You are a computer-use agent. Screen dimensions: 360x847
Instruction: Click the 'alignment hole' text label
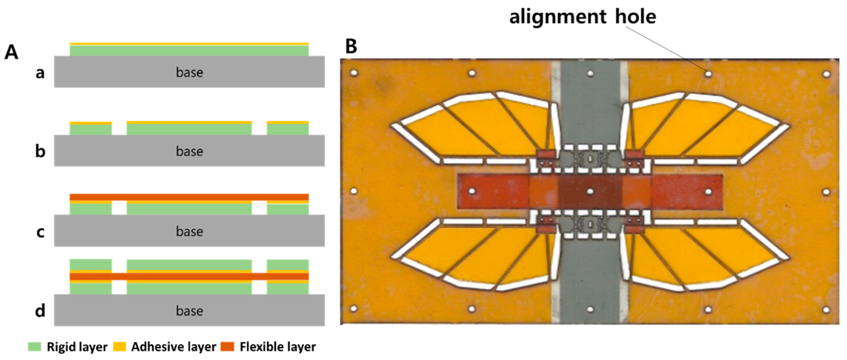click(x=582, y=17)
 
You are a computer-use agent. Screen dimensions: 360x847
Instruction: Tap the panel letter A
click(x=11, y=52)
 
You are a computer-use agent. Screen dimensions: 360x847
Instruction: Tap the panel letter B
click(x=351, y=46)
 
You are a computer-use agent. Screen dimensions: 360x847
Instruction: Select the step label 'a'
click(x=40, y=73)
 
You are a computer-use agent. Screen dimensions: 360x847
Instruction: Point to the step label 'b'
click(x=40, y=151)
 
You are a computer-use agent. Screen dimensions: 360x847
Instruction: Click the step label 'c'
click(x=40, y=232)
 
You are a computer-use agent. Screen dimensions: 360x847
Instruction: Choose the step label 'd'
click(x=40, y=311)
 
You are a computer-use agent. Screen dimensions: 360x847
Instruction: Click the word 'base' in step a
click(x=189, y=72)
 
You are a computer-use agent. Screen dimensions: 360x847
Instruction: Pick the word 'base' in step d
click(x=189, y=311)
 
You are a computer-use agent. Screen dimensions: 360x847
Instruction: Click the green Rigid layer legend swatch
click(x=35, y=347)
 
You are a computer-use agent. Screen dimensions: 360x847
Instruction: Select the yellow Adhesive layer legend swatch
click(x=119, y=347)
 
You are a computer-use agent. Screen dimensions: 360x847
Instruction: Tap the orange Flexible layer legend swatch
click(x=227, y=347)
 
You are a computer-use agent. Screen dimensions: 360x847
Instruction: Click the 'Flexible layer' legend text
click(x=278, y=347)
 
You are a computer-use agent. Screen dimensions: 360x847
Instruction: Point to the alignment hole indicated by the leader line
click(x=708, y=74)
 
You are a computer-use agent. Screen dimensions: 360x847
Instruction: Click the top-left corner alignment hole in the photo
click(x=354, y=73)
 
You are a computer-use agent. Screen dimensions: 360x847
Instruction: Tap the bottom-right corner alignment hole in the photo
click(x=826, y=310)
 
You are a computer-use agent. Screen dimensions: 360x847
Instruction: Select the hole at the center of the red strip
click(x=590, y=191)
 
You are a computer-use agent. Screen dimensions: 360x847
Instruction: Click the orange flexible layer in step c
click(x=189, y=197)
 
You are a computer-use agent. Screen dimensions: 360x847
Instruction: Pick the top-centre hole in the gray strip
click(x=590, y=74)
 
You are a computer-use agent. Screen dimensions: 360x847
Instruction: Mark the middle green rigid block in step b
click(x=189, y=129)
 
